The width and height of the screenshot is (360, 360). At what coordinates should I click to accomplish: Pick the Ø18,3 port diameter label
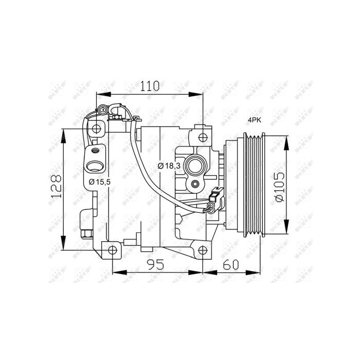click(169, 166)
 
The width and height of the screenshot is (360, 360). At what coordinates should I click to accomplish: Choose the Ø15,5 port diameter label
click(99, 182)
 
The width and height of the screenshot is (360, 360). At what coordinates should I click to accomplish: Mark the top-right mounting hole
click(203, 137)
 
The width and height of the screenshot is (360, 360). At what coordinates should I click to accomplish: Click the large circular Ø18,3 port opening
click(196, 165)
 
